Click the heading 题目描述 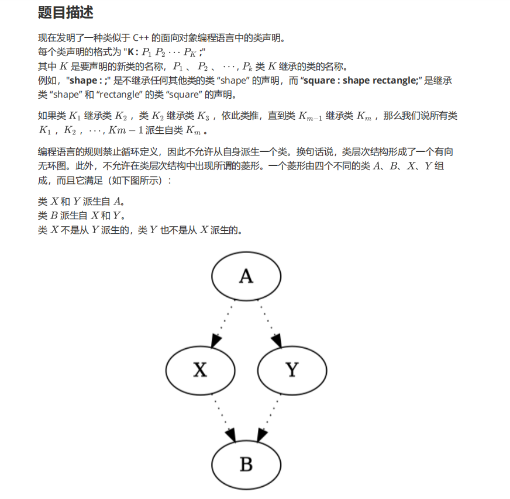point(66,12)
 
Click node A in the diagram point(246,276)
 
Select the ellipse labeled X point(201,370)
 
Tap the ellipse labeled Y point(291,370)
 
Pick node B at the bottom point(246,464)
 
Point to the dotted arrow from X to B point(223,417)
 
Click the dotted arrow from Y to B point(269,417)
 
